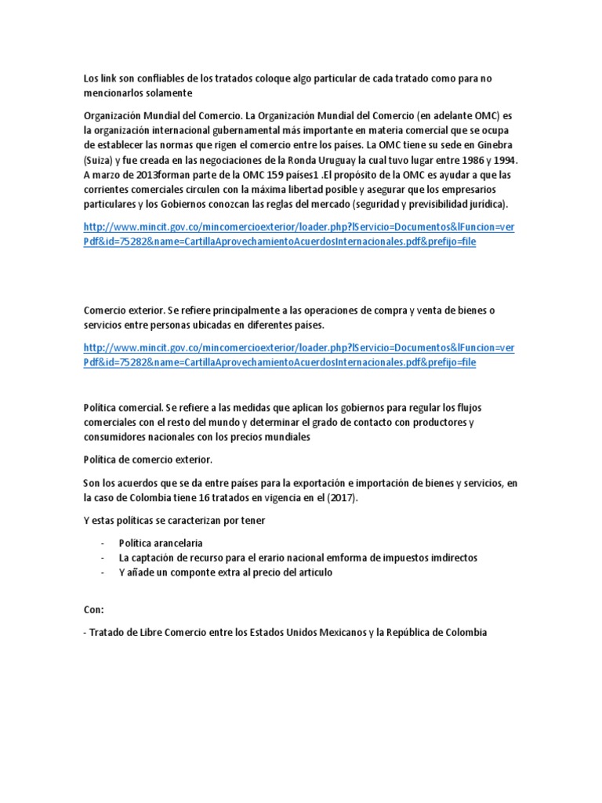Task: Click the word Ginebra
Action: (x=496, y=145)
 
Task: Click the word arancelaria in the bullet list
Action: (x=175, y=543)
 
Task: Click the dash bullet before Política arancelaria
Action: (x=103, y=543)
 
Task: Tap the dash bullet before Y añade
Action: (x=103, y=572)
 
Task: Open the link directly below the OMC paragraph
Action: (x=298, y=234)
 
